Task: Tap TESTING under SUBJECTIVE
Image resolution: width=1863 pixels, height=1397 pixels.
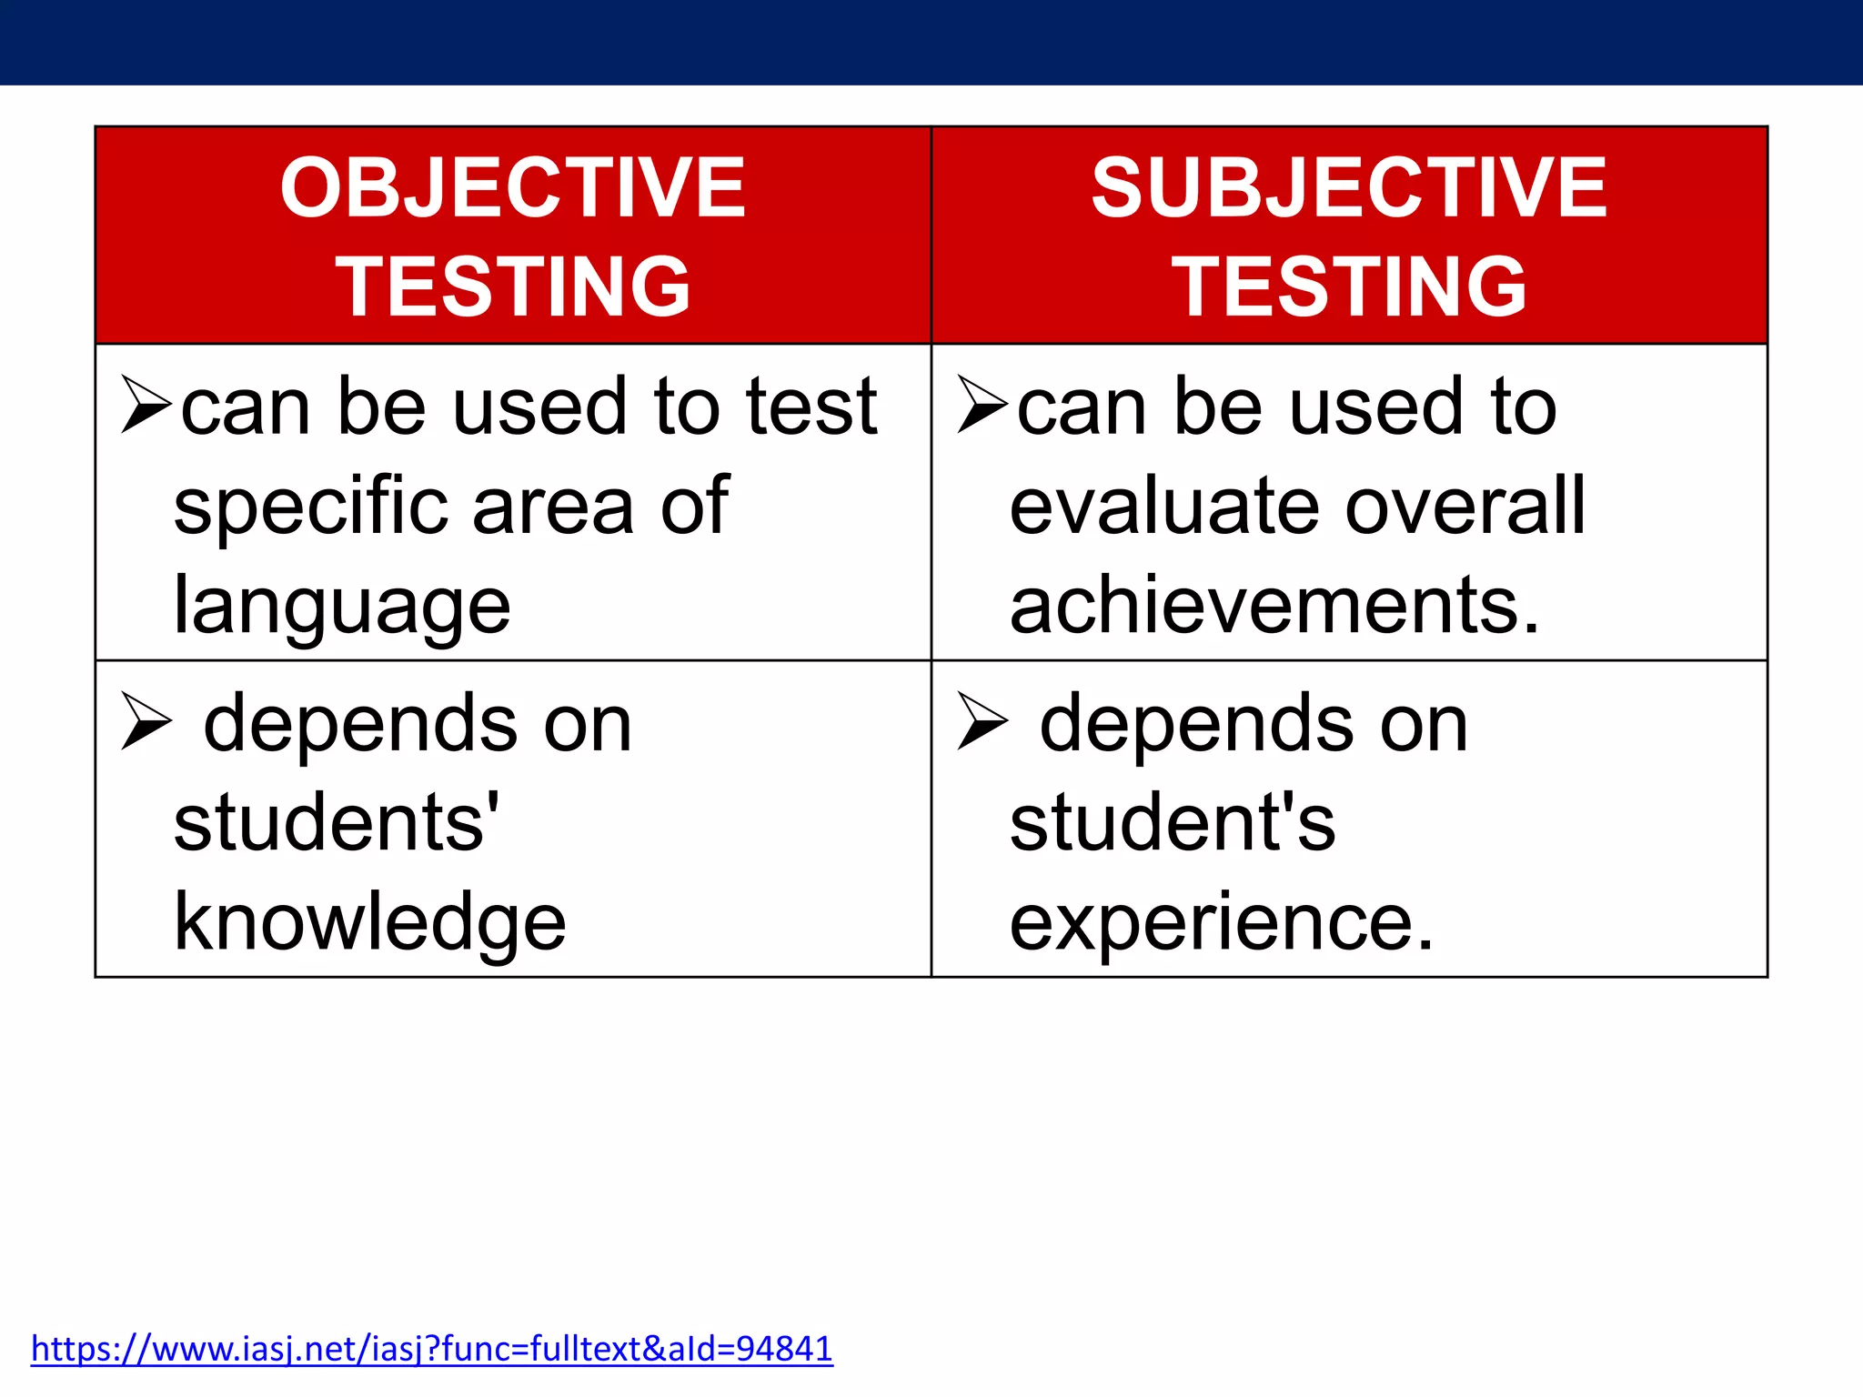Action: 1349,286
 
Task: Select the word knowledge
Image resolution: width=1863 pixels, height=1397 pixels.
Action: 369,922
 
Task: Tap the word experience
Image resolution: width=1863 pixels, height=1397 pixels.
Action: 1221,922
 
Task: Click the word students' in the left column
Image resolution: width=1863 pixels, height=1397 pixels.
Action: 336,822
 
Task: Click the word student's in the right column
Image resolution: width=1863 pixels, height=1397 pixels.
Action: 1172,822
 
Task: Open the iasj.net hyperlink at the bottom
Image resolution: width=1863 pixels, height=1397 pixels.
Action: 431,1348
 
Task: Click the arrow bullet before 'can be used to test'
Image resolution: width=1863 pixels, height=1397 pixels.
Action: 146,405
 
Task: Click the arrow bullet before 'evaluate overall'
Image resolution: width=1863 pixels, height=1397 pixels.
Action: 982,405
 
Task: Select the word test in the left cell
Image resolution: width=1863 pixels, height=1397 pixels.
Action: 811,407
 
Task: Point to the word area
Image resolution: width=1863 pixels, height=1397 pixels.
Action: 553,508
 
